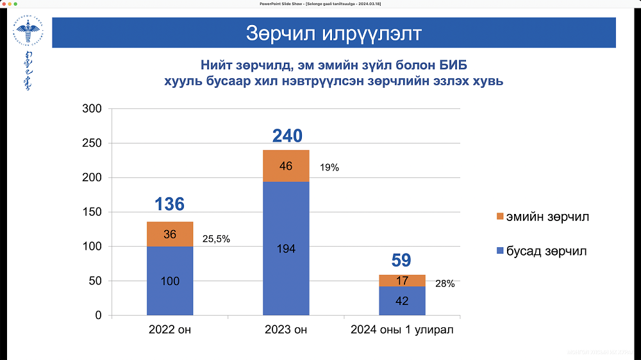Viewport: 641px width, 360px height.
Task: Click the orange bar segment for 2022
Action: pos(170,234)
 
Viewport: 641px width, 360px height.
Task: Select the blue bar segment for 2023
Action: pos(286,249)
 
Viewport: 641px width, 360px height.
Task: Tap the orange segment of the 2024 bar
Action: pos(402,281)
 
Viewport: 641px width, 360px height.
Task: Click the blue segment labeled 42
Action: pos(402,300)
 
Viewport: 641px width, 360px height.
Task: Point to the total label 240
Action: pos(287,136)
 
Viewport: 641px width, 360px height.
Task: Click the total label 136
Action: pos(170,204)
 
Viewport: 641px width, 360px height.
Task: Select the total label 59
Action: pos(401,261)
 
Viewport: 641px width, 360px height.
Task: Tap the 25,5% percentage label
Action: pos(216,239)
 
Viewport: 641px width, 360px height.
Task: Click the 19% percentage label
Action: pos(329,168)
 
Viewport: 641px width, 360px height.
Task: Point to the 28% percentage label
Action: pos(445,284)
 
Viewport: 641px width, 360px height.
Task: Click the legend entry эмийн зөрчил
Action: pos(547,217)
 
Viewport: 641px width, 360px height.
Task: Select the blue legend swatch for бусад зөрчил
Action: pos(499,252)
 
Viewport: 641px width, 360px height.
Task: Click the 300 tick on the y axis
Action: pos(93,109)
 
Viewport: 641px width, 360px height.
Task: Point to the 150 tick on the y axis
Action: pos(93,212)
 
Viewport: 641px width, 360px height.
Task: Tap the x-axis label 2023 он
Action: pos(286,331)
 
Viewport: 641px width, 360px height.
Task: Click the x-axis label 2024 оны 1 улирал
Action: pos(402,331)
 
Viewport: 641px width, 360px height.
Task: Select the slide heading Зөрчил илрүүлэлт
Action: pos(333,33)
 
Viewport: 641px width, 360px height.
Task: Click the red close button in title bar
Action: pos(4,4)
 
